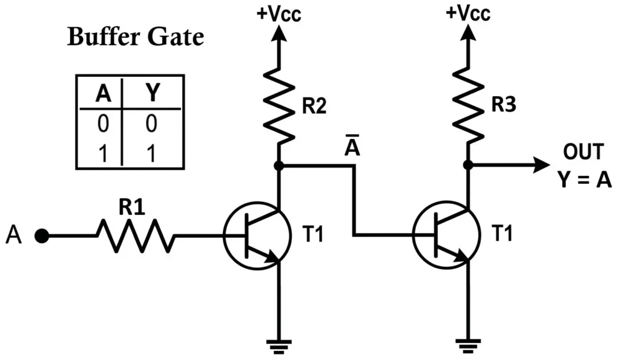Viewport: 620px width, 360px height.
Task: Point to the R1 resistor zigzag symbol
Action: pyautogui.click(x=135, y=235)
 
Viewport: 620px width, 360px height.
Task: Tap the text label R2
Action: pyautogui.click(x=313, y=107)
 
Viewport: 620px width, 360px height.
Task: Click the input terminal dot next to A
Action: pyautogui.click(x=42, y=236)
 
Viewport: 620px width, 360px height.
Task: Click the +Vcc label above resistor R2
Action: pyautogui.click(x=279, y=13)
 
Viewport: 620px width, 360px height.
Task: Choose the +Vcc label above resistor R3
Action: pyautogui.click(x=467, y=13)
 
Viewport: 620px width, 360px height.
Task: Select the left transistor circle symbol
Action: pyautogui.click(x=252, y=235)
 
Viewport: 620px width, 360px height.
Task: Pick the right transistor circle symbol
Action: pyautogui.click(x=442, y=235)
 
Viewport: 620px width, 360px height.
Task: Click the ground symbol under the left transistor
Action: pyautogui.click(x=279, y=345)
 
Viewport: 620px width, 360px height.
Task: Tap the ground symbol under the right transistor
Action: pyautogui.click(x=468, y=345)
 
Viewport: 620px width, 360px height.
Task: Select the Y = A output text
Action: pyautogui.click(x=585, y=180)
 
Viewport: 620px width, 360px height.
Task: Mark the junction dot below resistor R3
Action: pyautogui.click(x=468, y=165)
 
